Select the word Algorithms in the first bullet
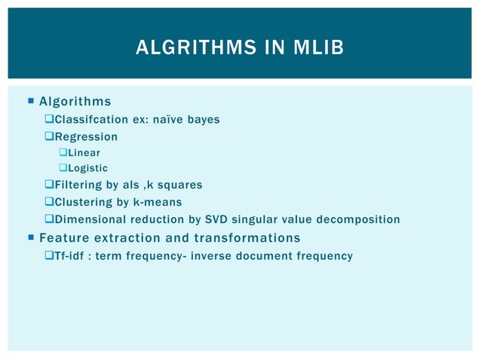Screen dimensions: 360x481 click(x=75, y=102)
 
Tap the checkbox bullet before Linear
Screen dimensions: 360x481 click(x=63, y=153)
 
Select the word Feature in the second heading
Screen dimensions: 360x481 click(x=63, y=238)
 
